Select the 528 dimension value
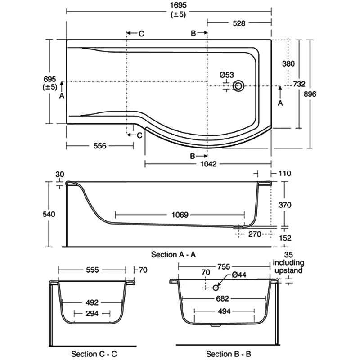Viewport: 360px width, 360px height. (x=239, y=24)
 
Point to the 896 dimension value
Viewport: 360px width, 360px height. (x=310, y=94)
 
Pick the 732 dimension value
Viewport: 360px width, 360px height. (x=299, y=84)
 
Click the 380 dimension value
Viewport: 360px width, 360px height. (x=288, y=63)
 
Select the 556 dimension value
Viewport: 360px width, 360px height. (x=99, y=146)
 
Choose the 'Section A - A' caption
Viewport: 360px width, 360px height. (x=173, y=255)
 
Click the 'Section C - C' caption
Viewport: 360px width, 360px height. (x=94, y=354)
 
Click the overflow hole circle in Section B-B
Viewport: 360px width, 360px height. (x=216, y=287)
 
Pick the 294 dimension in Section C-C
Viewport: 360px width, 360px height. (x=92, y=313)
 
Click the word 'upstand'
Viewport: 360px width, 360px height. (x=288, y=270)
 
